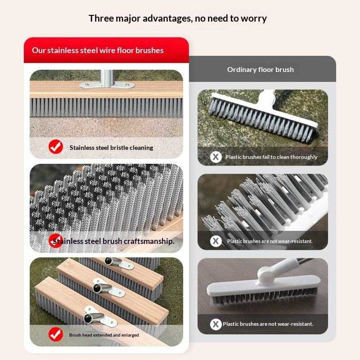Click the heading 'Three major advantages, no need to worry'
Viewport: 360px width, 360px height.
(178, 18)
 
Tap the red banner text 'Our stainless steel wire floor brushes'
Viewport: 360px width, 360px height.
(98, 50)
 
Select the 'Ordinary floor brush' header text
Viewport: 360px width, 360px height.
(261, 70)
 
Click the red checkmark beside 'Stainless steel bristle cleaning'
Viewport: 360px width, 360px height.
(56, 147)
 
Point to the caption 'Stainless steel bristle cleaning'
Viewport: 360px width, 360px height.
(111, 148)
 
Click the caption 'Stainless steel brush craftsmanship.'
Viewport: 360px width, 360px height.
(113, 241)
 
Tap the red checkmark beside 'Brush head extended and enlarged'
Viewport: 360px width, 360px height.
(56, 334)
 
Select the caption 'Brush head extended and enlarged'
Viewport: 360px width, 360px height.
(104, 335)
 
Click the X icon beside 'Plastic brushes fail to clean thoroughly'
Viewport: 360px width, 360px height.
(216, 157)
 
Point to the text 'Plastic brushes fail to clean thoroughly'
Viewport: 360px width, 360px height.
(271, 157)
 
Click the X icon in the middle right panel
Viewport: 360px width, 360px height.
(216, 241)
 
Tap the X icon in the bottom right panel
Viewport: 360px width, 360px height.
(216, 324)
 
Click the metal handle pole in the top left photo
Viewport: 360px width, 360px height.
(107, 78)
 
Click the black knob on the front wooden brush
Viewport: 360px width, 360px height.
(88, 319)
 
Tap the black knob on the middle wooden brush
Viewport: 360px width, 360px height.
(97, 288)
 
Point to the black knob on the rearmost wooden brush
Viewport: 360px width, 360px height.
(108, 261)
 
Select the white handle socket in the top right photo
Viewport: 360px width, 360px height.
(266, 99)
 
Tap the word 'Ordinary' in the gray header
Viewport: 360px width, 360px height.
(242, 70)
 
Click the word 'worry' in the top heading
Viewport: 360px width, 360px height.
(254, 19)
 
